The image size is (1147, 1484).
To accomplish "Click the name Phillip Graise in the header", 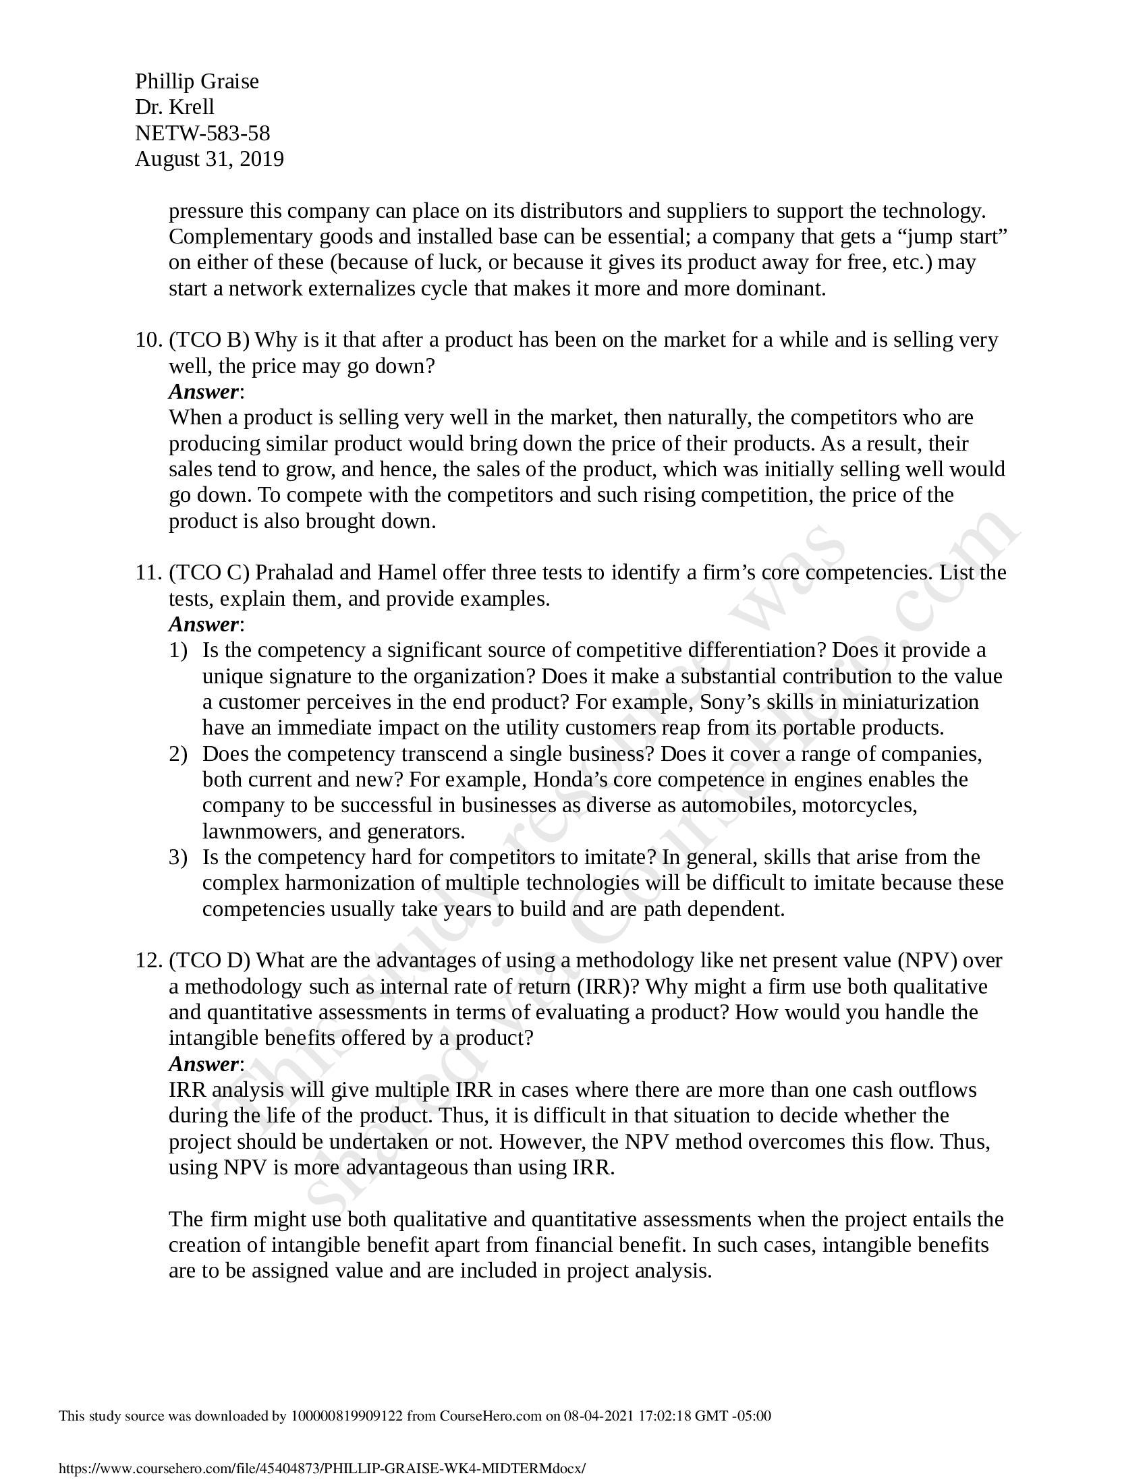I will pyautogui.click(x=196, y=82).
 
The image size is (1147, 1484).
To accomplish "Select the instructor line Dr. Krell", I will pyautogui.click(x=175, y=107).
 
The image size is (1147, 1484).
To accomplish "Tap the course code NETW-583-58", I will pyautogui.click(x=202, y=133).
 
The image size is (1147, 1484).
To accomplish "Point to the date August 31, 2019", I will pyautogui.click(x=209, y=159).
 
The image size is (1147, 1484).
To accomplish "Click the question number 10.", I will pyautogui.click(x=147, y=340).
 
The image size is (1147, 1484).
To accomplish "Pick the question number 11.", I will pyautogui.click(x=147, y=573).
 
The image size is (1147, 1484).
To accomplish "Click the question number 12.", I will pyautogui.click(x=147, y=961).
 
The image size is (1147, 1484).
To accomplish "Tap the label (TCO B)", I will pyautogui.click(x=209, y=340).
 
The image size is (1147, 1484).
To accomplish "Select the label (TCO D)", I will pyautogui.click(x=210, y=961).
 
